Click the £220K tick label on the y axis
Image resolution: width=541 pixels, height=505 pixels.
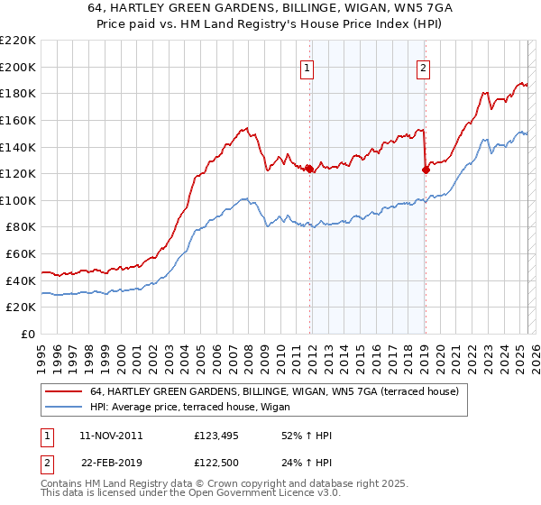click(18, 41)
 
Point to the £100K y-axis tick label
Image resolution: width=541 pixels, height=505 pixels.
click(18, 200)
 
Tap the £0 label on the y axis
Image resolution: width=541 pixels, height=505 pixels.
click(29, 335)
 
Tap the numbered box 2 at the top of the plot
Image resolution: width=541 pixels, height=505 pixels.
click(423, 67)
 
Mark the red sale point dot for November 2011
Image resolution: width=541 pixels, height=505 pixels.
click(309, 169)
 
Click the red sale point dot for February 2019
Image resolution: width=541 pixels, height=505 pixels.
click(425, 170)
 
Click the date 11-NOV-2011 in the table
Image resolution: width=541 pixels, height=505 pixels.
click(111, 436)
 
